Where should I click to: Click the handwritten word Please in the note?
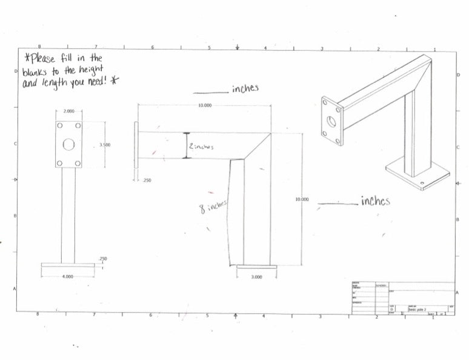coord(43,59)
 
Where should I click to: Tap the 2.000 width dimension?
coord(68,112)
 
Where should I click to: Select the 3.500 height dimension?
coord(104,145)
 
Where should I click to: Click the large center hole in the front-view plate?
coord(68,145)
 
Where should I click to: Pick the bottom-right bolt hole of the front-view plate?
coord(77,163)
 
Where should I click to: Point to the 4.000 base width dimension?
coord(68,276)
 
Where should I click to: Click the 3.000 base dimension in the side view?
coord(256,276)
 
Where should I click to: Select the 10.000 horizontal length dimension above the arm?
coord(205,106)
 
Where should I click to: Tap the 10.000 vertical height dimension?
coord(301,199)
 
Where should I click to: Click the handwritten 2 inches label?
coord(201,147)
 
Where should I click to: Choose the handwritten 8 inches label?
coord(213,207)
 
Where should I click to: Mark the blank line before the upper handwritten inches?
coord(210,93)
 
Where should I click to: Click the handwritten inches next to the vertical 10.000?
coord(375,201)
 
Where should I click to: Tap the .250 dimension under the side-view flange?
coord(147,180)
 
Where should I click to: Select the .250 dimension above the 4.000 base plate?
coord(102,259)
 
